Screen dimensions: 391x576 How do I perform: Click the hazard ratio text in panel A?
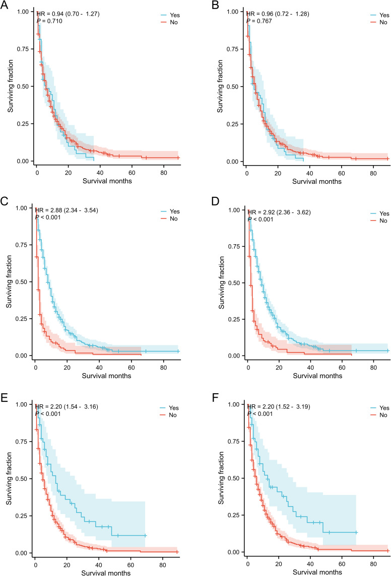(68, 14)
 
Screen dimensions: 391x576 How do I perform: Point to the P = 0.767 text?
(259, 21)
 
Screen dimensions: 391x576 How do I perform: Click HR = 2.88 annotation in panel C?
(67, 210)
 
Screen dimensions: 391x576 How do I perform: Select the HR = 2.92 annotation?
(279, 212)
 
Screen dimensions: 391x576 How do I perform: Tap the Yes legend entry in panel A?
(170, 15)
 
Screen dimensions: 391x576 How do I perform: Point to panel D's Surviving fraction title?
(222, 282)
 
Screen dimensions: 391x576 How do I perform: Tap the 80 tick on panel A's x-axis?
(164, 173)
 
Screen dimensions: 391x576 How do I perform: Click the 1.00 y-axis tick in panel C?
(23, 208)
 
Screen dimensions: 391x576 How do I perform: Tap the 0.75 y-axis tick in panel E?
(23, 442)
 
